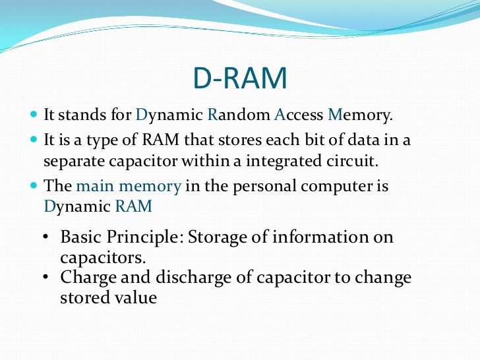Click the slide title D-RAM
(240, 80)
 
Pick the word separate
(72, 160)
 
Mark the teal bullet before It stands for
(34, 115)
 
